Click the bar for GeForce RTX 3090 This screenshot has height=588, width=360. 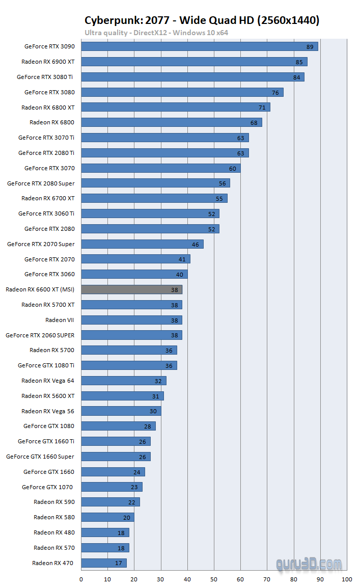point(199,46)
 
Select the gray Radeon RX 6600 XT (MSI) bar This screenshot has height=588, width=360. point(131,289)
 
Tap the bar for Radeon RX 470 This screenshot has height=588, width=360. point(103,563)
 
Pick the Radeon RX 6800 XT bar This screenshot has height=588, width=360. point(175,107)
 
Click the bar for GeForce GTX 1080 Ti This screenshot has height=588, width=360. point(129,365)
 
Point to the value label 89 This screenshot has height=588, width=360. point(310,47)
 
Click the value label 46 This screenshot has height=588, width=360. point(196,245)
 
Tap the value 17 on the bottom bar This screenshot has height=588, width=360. point(119,564)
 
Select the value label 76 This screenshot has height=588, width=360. point(275,93)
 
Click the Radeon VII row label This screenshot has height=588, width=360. point(60,320)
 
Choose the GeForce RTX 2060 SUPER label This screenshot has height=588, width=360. point(40,335)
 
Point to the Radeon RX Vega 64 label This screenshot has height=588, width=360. point(48,381)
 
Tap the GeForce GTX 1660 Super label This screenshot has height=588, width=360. point(40,457)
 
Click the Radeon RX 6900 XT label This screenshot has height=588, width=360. point(48,62)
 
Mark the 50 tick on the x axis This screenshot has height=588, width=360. point(214,579)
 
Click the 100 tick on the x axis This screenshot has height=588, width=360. point(347,579)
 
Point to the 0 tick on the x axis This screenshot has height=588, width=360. point(81,579)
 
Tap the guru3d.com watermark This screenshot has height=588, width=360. point(309,564)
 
